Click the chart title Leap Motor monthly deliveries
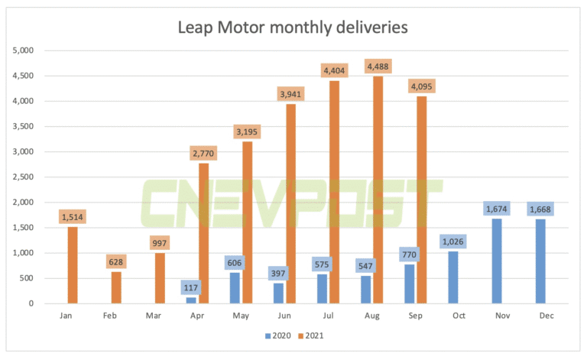[x=293, y=28]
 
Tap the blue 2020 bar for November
[x=496, y=261]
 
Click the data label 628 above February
[x=116, y=261]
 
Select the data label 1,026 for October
[x=453, y=241]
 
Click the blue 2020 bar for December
[x=540, y=261]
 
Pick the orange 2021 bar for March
[x=159, y=278]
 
